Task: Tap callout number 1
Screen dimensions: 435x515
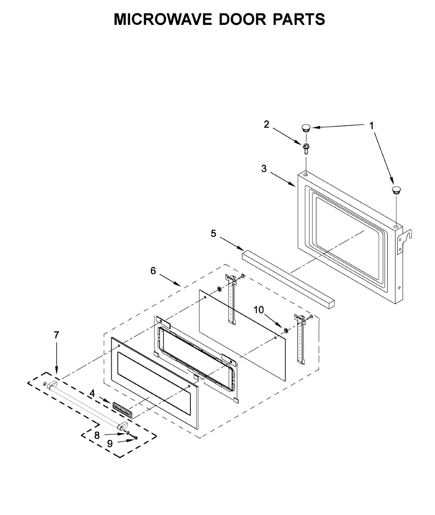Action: [372, 126]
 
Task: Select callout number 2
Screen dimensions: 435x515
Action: [267, 124]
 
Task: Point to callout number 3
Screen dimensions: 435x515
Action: [264, 169]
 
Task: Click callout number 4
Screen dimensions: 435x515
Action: [92, 393]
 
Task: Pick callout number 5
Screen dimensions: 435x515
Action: [214, 233]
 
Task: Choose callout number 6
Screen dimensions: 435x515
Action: [153, 271]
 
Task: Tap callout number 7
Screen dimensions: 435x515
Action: [56, 335]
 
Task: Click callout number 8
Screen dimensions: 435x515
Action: [97, 435]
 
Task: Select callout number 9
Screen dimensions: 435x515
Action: [110, 444]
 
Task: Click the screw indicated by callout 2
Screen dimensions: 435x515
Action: [306, 148]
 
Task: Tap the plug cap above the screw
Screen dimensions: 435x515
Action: [306, 127]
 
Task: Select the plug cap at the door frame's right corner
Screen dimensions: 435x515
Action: [396, 190]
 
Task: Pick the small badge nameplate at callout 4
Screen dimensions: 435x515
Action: [123, 410]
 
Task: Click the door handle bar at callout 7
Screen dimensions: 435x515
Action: [86, 405]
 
